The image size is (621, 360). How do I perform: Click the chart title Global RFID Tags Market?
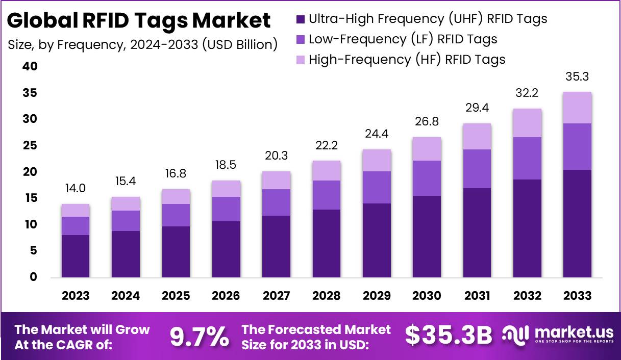click(139, 21)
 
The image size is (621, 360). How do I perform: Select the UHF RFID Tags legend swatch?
click(300, 19)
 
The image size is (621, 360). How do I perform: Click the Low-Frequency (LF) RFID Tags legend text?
click(403, 39)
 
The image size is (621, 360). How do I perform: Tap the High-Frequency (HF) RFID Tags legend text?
click(407, 59)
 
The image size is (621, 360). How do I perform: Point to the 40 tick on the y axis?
click(30, 66)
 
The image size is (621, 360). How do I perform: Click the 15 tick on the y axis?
click(30, 198)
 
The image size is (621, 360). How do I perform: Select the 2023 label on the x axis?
click(76, 296)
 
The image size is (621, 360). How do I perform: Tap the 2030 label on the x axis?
click(427, 296)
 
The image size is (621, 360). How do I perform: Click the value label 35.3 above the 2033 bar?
click(577, 77)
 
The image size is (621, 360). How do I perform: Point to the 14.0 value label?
click(76, 189)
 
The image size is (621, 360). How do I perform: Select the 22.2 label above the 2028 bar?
click(326, 146)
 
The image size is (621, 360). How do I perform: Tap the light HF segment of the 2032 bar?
click(527, 123)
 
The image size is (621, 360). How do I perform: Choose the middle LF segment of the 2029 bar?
click(377, 187)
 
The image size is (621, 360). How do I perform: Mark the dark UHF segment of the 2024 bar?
click(126, 254)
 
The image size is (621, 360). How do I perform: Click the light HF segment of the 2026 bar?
click(226, 189)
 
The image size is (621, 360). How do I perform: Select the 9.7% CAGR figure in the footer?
click(199, 336)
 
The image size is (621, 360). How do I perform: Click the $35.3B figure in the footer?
click(449, 336)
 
